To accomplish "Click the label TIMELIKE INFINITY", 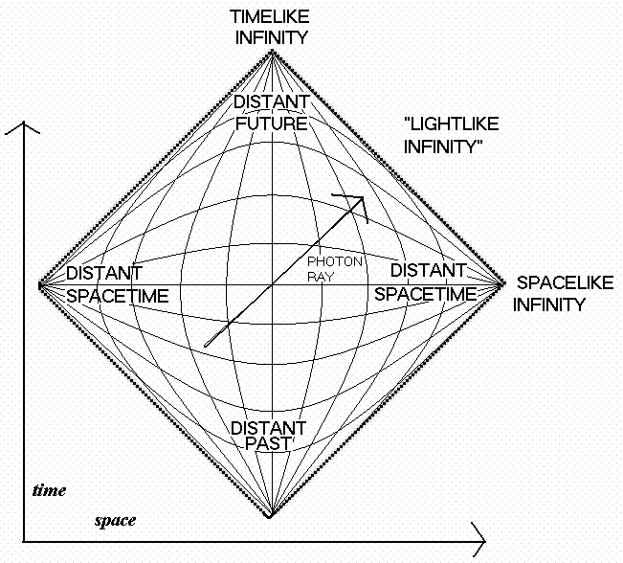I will pos(271,27).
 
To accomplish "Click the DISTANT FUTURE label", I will pos(271,113).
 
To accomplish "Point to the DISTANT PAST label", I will pos(271,436).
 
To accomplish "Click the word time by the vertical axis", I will pos(49,490).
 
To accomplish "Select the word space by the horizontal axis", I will pos(115,521).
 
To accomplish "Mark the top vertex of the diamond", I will pos(272,51).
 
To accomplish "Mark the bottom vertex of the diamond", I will pos(272,517).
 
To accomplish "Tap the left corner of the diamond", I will pos(38,285).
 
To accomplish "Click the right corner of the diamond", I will pos(505,283).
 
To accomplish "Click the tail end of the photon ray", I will pos(206,346).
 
